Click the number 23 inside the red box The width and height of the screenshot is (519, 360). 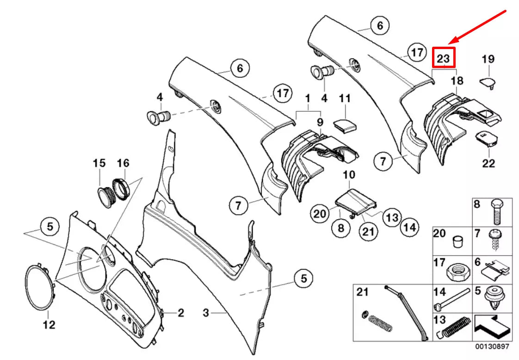(x=443, y=58)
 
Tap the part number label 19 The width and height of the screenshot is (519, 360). (x=488, y=59)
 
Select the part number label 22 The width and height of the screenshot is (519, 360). (x=488, y=163)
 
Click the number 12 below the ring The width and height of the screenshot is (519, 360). (x=49, y=325)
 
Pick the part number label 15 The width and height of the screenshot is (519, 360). (x=99, y=163)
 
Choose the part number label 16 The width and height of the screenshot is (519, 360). (x=123, y=163)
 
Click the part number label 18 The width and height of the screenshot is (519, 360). (x=457, y=81)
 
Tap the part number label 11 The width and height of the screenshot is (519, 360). (x=345, y=99)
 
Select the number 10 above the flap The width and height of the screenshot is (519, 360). (x=349, y=175)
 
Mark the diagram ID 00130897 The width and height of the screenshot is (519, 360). (x=492, y=346)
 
